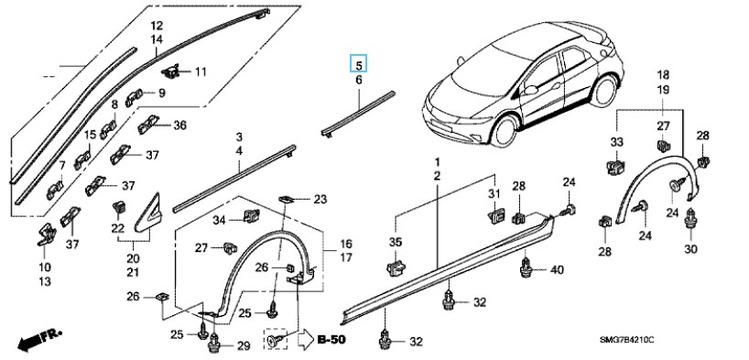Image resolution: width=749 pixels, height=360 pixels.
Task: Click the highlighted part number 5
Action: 359,64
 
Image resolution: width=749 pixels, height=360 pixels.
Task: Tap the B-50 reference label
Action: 331,340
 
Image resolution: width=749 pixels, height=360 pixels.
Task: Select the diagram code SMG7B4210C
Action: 626,340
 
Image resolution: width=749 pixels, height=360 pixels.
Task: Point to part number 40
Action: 557,270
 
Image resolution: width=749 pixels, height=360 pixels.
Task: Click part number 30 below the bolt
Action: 690,248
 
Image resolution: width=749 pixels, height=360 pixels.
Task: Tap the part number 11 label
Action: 201,72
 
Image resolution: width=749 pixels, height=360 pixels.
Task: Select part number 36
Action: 179,125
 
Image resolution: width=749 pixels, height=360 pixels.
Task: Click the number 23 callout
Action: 320,200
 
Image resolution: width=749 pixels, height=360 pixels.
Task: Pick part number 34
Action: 219,220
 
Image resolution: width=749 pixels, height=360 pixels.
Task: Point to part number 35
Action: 396,242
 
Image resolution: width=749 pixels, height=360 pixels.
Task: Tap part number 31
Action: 494,194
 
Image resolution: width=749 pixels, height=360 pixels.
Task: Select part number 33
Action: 616,142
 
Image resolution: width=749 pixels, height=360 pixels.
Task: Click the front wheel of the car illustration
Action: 505,128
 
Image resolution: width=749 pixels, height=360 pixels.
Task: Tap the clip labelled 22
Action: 117,208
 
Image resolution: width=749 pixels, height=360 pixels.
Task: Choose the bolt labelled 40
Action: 526,268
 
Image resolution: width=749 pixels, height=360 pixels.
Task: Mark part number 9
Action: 162,93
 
